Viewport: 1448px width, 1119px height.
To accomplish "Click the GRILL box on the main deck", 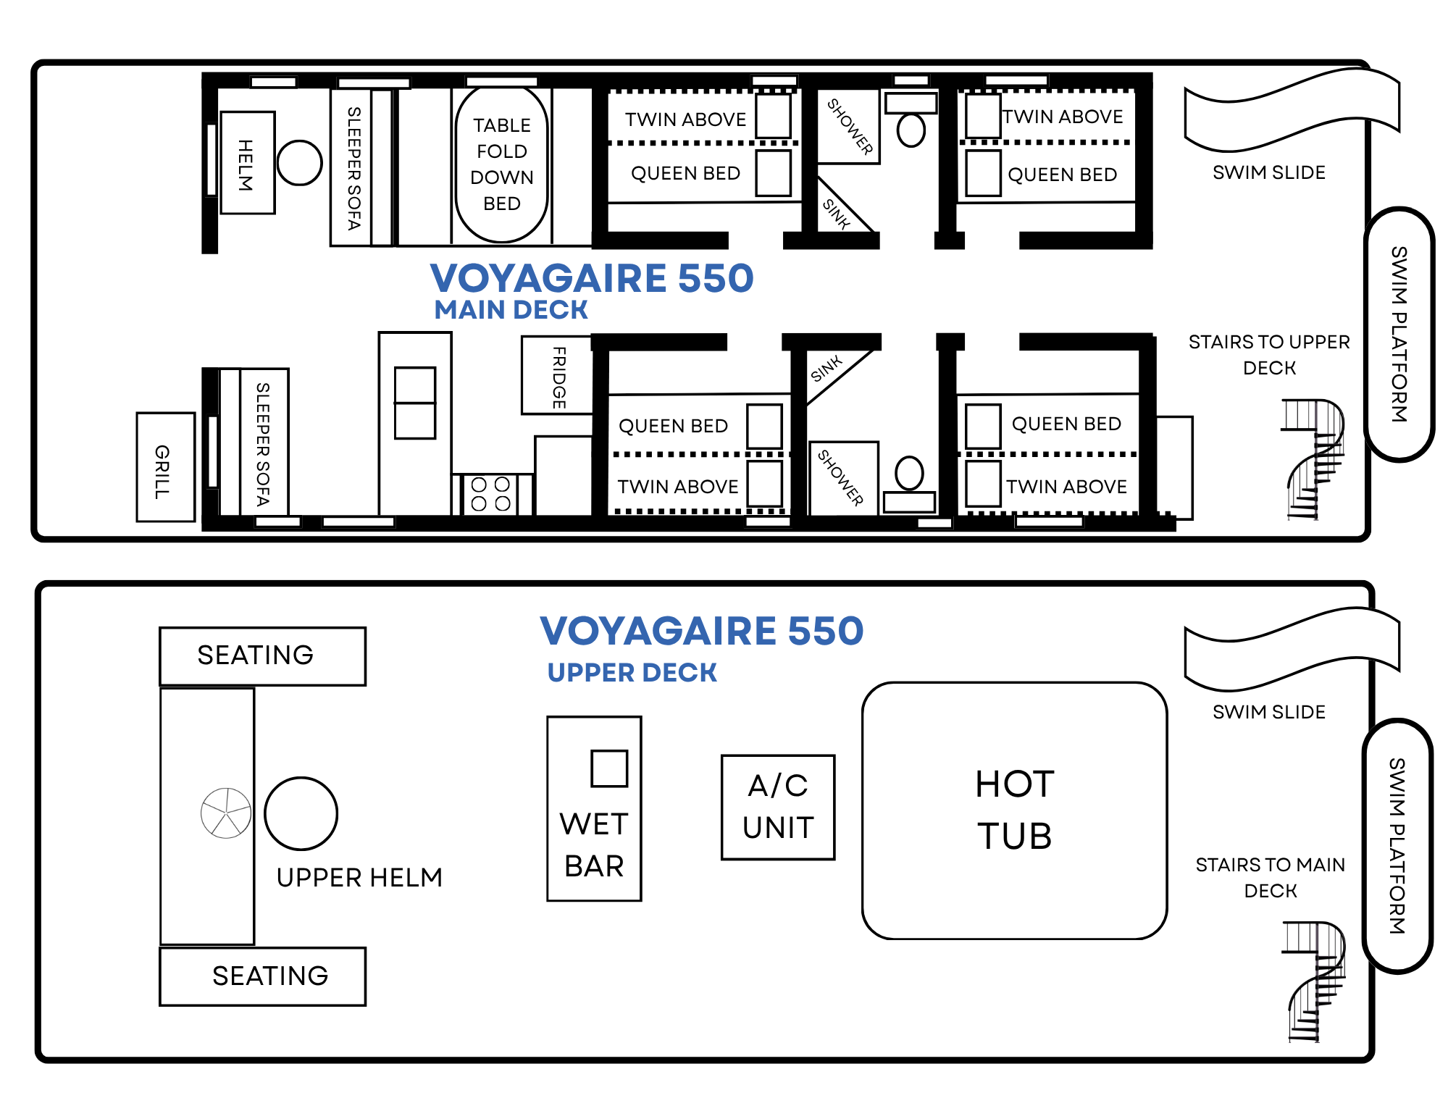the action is tap(166, 467).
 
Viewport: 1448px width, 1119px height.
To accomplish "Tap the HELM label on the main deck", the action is tap(246, 165).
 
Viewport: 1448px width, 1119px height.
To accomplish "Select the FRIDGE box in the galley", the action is tap(557, 375).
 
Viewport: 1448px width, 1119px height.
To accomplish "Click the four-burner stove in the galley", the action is tap(490, 494).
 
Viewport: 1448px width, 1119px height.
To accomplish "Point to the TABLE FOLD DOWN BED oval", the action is tap(501, 164).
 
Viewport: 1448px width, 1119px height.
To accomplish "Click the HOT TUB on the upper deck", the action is tap(1014, 810).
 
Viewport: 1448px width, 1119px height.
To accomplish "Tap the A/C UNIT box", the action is tap(778, 807).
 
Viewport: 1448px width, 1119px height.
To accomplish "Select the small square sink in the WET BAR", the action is tap(609, 768).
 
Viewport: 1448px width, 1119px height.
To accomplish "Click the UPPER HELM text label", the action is tap(359, 878).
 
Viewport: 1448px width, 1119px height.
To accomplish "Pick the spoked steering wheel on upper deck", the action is tap(226, 813).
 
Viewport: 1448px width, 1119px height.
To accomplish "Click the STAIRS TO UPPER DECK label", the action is tap(1269, 355).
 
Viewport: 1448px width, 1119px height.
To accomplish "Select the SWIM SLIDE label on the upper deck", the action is tap(1269, 712).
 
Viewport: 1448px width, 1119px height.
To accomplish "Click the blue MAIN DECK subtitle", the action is tap(511, 310).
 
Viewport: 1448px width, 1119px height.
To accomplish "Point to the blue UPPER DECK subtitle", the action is tap(632, 673).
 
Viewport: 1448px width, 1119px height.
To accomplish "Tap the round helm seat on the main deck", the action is tap(299, 162).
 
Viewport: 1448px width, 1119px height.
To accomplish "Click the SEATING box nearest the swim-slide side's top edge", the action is tap(262, 656).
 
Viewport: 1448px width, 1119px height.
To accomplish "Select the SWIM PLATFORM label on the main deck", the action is tap(1398, 334).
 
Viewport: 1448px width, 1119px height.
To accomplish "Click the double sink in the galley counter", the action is tap(415, 403).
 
